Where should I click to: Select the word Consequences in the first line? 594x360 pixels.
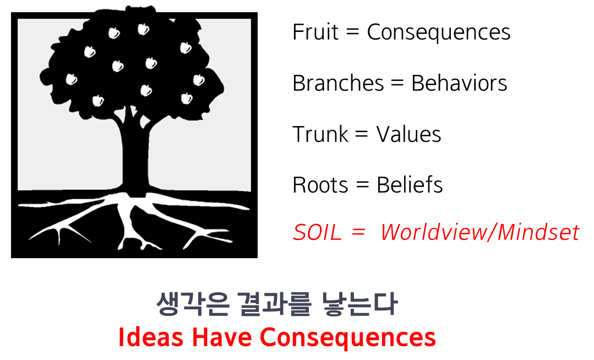tap(439, 32)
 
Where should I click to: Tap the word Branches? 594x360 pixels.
tap(338, 83)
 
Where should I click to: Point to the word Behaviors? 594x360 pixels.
tap(459, 83)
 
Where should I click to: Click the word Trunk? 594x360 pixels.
tap(321, 134)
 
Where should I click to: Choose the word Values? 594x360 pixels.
tap(409, 134)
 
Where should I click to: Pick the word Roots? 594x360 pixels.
tap(320, 185)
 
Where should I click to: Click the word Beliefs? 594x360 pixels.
tap(410, 185)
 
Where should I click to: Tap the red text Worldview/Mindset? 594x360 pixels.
tap(479, 233)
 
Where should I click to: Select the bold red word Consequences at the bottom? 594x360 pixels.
tap(348, 337)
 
